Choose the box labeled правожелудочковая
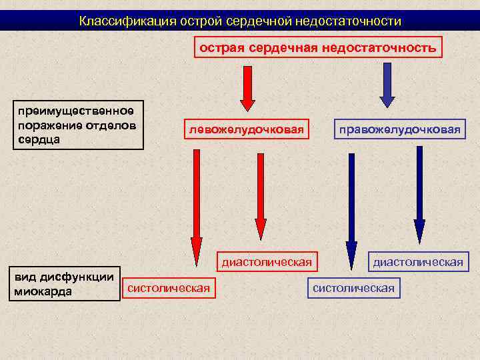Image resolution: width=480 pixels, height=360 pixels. [399, 129]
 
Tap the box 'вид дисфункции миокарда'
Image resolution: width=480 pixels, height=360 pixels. [63, 283]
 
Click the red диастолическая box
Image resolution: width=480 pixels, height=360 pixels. [267, 262]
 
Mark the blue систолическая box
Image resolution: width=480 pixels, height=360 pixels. [353, 288]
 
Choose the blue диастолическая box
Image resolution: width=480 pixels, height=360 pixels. [417, 262]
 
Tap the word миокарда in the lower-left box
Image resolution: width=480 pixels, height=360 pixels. [43, 291]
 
